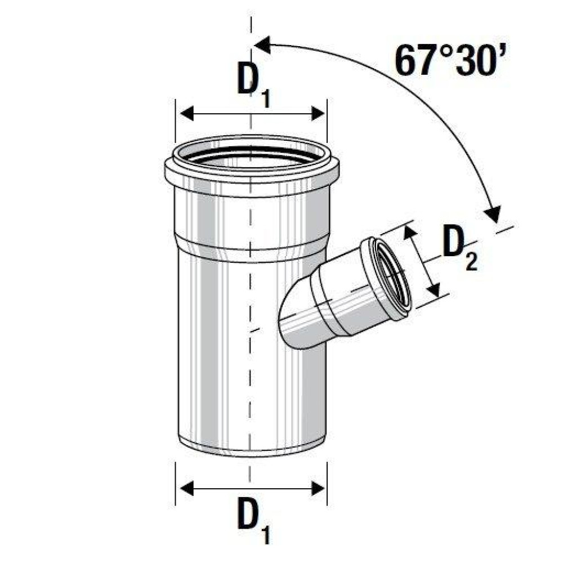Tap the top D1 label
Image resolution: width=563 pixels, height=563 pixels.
click(x=254, y=85)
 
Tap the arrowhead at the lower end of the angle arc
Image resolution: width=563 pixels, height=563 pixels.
click(x=493, y=213)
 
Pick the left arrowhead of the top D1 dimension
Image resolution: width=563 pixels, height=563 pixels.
click(x=187, y=114)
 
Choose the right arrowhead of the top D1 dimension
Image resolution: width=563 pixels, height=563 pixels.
click(x=318, y=114)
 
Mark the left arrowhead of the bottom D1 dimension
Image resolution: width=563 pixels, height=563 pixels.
click(x=187, y=489)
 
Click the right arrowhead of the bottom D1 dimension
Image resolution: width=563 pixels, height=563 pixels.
click(x=318, y=489)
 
